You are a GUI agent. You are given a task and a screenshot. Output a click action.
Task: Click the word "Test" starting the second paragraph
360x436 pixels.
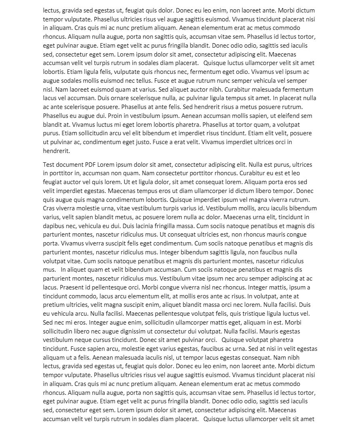click(x=49, y=165)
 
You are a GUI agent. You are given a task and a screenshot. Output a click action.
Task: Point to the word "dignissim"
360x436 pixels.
click(x=134, y=331)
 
